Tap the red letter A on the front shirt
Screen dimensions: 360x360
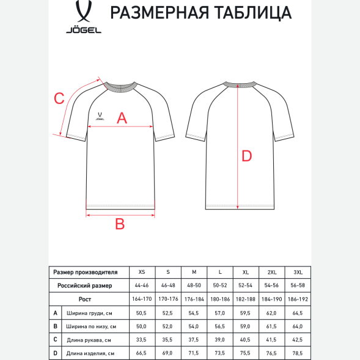tap(122, 119)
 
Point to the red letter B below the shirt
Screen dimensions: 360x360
tap(120, 224)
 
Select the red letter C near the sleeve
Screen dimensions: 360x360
tap(59, 98)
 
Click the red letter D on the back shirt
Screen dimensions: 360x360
tap(246, 156)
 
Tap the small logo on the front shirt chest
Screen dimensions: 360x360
tap(100, 113)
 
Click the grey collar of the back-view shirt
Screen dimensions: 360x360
tap(238, 84)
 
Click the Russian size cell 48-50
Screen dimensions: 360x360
tap(194, 285)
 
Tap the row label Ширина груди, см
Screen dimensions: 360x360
tap(89, 313)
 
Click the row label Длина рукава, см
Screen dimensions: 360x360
tap(89, 340)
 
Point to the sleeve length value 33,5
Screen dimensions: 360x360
tap(142, 340)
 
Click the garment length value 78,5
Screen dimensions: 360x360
tap(298, 353)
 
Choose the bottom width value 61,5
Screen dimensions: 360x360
tap(271, 326)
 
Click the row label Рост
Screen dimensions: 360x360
tap(85, 299)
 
